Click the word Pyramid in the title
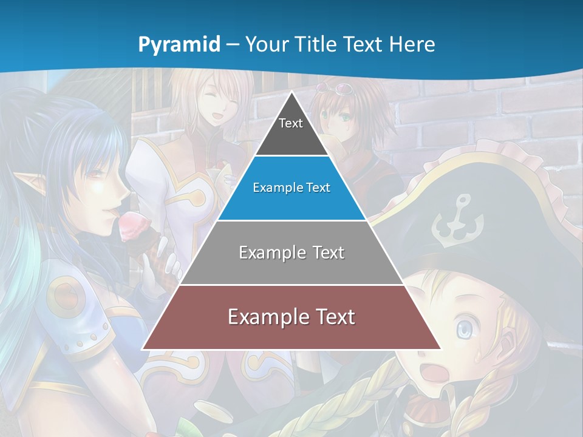point(179,44)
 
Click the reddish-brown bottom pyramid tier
point(291,317)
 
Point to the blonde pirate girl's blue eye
point(464,330)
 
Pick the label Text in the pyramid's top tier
point(291,124)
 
